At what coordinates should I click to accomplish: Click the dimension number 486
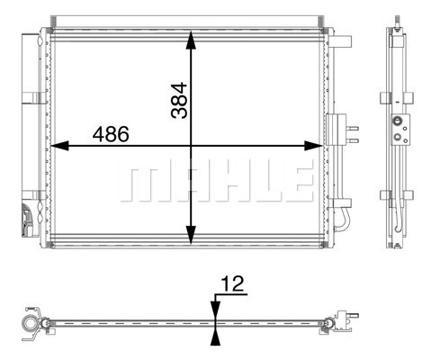point(111,134)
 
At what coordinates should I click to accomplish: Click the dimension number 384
point(179,101)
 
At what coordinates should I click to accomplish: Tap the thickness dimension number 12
point(233,283)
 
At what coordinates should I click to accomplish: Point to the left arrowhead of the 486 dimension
point(59,146)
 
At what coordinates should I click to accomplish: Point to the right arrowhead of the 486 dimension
point(313,146)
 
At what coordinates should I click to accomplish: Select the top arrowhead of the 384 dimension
point(191,40)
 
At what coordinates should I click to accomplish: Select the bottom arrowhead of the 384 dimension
point(191,235)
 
